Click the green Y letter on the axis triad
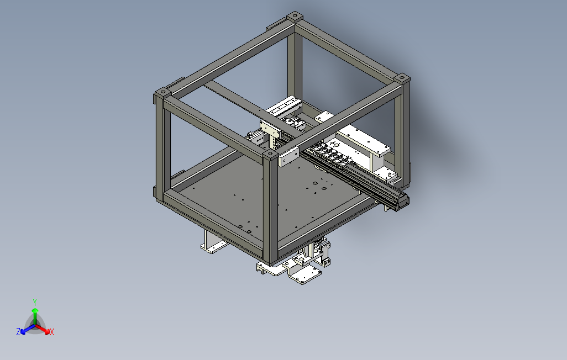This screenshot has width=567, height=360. click(x=35, y=302)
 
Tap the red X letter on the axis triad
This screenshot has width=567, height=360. click(x=52, y=332)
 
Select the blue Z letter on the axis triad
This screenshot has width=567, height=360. click(x=18, y=331)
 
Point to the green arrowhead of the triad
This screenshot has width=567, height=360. click(x=35, y=310)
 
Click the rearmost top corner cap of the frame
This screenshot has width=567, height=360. click(x=295, y=16)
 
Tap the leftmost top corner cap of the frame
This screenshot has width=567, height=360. click(x=162, y=92)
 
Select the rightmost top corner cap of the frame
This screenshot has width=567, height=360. click(x=402, y=79)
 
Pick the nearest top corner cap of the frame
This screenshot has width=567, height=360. click(x=270, y=155)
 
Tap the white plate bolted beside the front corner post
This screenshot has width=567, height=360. click(x=289, y=157)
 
